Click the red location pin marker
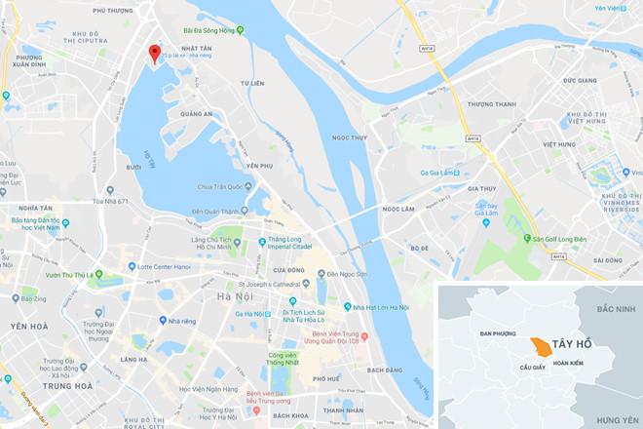[x=154, y=54]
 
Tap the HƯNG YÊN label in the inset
[x=615, y=418]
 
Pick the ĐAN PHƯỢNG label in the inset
[x=499, y=333]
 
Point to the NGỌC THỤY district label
[x=349, y=138]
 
